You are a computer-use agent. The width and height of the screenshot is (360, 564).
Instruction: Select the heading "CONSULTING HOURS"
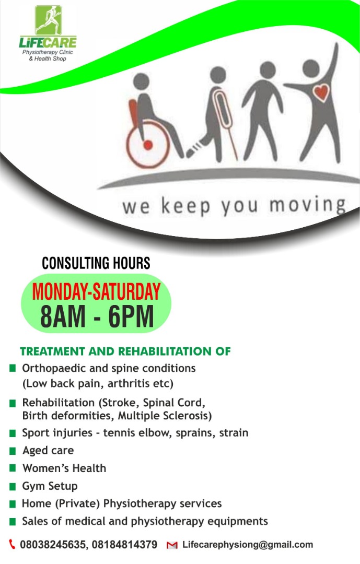point(96,263)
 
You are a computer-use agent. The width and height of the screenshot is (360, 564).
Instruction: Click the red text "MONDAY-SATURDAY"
point(96,292)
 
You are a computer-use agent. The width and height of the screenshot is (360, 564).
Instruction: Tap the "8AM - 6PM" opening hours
point(97,316)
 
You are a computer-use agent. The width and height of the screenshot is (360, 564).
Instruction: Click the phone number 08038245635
point(53,545)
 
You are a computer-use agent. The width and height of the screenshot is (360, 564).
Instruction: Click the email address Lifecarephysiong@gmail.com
point(248,545)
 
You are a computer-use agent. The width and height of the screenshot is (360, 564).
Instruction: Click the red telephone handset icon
point(12,545)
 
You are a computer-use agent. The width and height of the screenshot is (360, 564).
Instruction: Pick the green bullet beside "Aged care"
point(13,451)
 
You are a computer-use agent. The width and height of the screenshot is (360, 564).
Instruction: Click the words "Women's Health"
point(64,468)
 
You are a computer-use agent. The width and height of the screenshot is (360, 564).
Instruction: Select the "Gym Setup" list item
point(50,486)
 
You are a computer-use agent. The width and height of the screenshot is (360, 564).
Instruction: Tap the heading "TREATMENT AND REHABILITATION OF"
point(125,351)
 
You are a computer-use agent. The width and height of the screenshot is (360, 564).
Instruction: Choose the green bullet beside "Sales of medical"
point(13,522)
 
